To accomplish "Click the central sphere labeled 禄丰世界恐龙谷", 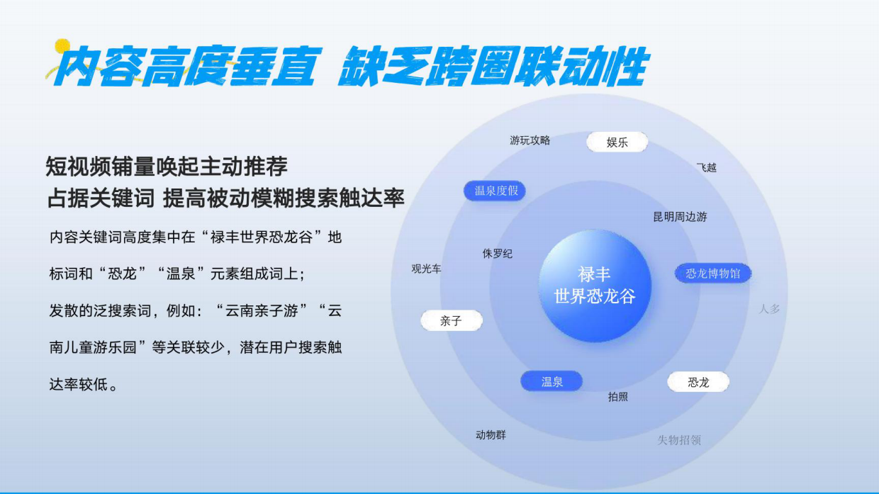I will [x=595, y=285].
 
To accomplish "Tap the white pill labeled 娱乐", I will [x=617, y=142].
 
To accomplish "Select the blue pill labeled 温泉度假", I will [x=496, y=191].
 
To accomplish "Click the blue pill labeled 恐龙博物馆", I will [x=712, y=274].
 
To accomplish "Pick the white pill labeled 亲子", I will [x=451, y=321].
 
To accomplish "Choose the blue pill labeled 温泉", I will [x=552, y=382].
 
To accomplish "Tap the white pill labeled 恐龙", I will [x=698, y=383].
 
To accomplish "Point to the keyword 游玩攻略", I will [x=530, y=140].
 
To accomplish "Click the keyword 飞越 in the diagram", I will [x=706, y=167].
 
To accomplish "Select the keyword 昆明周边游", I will [x=680, y=217].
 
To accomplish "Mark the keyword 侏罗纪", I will [x=498, y=254].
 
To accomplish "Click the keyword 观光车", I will [x=426, y=269].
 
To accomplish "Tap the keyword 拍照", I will [x=617, y=397].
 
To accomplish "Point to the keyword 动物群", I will [x=491, y=435].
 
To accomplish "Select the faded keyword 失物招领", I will [x=679, y=440].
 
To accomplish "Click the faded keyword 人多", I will [x=769, y=309].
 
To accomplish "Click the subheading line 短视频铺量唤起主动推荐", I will [x=167, y=167].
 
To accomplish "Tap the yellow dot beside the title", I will [x=63, y=47].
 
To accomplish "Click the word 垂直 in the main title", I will [x=272, y=67].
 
